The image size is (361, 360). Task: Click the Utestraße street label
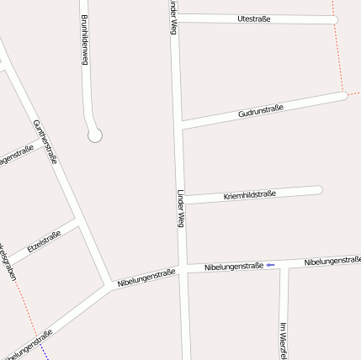point(254,18)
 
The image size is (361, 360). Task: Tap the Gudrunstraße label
point(260,110)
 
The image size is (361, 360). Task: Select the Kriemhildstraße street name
point(249,195)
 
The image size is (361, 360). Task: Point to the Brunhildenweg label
point(84,40)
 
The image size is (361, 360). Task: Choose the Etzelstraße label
point(44,241)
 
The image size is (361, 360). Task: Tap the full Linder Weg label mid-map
point(179,208)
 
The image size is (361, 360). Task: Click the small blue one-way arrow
point(270,266)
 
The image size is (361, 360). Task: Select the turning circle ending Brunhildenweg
point(95,134)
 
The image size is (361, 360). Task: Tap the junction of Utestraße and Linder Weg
point(175,17)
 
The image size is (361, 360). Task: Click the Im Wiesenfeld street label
point(283,336)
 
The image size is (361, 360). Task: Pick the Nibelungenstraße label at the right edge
point(332,262)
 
